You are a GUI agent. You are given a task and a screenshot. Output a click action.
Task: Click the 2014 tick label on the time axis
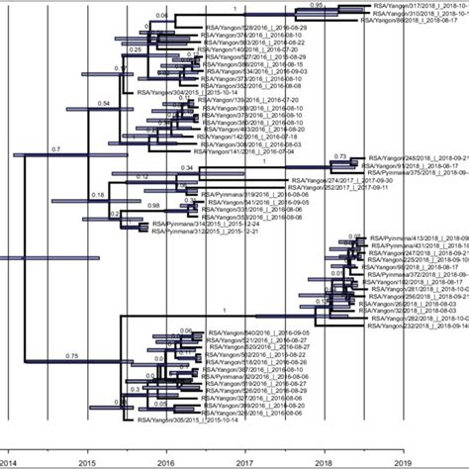[x=8, y=461]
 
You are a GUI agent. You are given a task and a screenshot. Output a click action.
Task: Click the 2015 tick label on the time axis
[x=86, y=461]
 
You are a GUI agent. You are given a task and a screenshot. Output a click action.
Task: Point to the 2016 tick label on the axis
[x=165, y=461]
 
